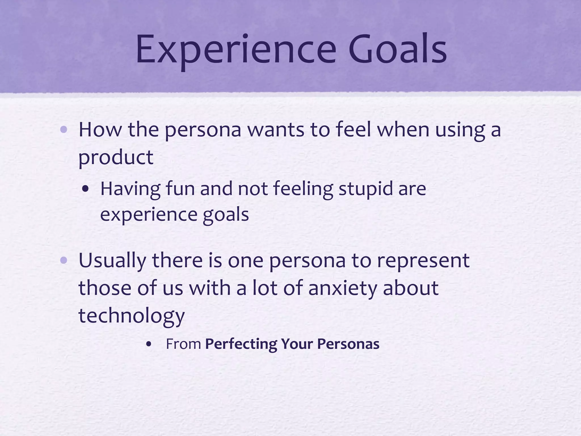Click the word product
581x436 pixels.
116,157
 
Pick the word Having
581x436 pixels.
130,189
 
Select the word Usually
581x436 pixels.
112,261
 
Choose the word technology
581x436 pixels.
131,316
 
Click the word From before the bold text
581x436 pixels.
183,344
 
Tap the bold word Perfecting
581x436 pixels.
241,344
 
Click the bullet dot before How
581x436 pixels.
64,130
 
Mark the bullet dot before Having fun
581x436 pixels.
85,189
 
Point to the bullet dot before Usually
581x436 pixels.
64,261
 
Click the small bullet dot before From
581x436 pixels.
148,344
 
